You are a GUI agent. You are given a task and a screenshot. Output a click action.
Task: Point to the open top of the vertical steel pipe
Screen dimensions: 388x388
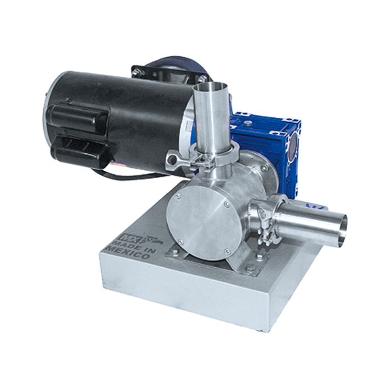(x=210, y=87)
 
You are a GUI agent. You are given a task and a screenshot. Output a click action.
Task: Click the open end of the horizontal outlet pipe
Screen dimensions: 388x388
(x=341, y=229)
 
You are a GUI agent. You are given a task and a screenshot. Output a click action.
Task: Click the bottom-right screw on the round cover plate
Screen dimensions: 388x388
(x=226, y=252)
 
